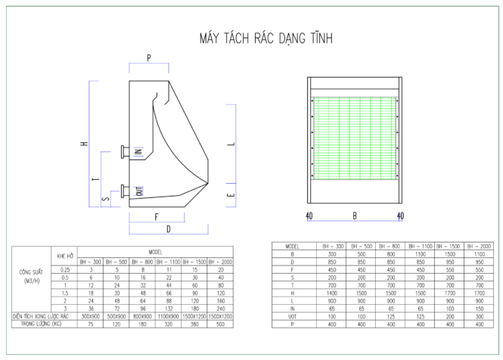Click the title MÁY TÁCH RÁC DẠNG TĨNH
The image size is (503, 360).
(265, 37)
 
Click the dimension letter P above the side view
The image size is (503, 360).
(148, 57)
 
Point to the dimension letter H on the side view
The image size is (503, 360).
(85, 144)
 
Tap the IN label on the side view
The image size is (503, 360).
(138, 151)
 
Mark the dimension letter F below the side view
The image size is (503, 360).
(157, 216)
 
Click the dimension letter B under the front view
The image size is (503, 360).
(354, 216)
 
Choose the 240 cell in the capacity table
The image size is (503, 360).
(220, 309)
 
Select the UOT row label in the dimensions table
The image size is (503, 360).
(292, 318)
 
